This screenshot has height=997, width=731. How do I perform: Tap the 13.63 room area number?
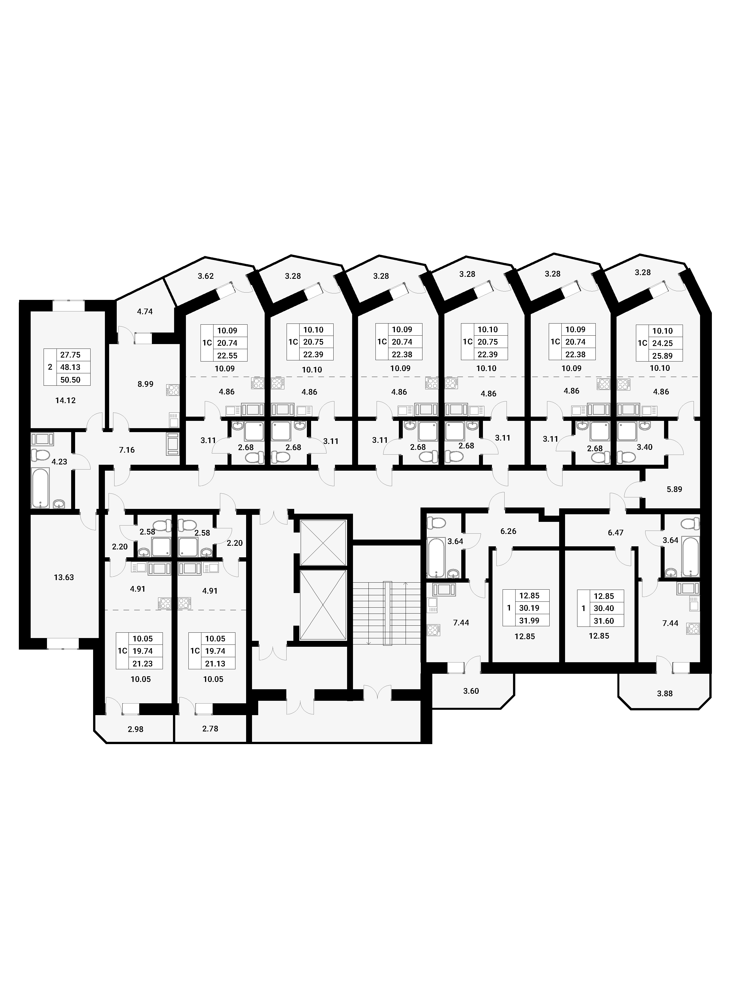[x=64, y=578]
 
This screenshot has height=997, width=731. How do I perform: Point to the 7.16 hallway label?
[x=127, y=450]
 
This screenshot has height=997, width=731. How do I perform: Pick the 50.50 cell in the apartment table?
[x=70, y=380]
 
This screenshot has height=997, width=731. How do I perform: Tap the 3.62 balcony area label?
[x=206, y=276]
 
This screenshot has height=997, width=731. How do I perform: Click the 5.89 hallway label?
[x=674, y=489]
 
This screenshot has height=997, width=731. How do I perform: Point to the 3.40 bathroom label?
[x=644, y=447]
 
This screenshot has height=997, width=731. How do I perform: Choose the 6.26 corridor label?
[x=509, y=531]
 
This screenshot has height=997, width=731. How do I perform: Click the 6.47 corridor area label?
[x=615, y=533]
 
